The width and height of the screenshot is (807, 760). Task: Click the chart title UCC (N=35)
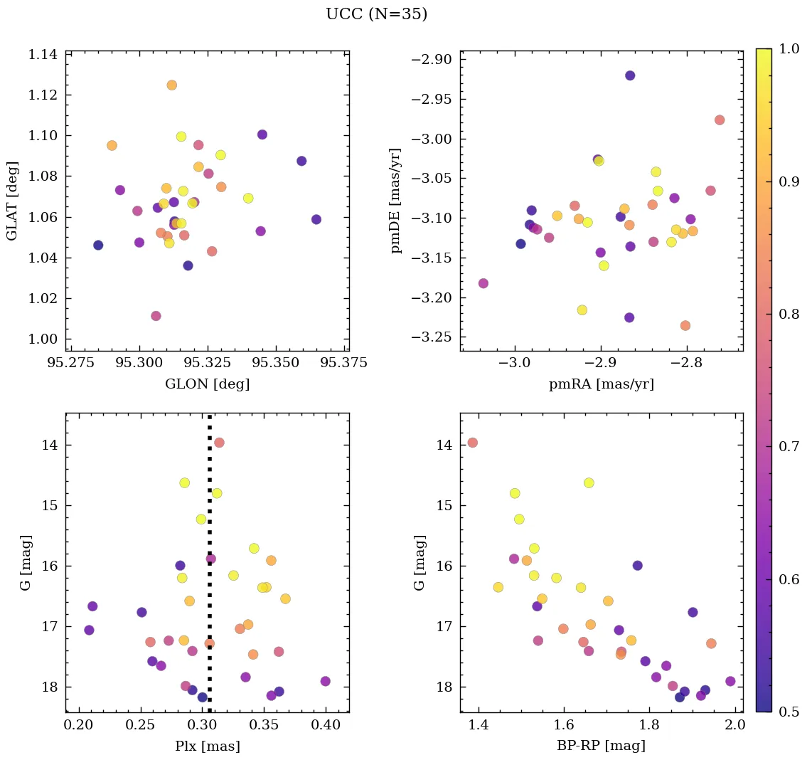point(376,14)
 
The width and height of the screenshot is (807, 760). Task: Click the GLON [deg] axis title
point(207,384)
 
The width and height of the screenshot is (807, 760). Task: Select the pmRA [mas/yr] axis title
point(601,384)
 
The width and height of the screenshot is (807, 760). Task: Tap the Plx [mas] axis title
point(207,746)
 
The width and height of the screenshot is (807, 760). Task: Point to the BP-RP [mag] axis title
point(601,746)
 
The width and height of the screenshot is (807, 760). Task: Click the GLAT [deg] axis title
point(13,201)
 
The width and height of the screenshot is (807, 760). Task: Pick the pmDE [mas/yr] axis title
point(395,201)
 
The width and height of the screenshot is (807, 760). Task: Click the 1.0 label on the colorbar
point(789,49)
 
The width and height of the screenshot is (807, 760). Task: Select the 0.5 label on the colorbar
point(789,712)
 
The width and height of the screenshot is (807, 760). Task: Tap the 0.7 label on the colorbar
point(789,447)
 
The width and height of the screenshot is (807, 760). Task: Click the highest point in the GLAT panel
point(171,85)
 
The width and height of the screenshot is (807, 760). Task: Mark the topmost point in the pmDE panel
point(630,75)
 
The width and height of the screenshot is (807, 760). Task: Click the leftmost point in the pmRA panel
point(483,283)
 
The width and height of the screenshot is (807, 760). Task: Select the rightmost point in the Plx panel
point(326,681)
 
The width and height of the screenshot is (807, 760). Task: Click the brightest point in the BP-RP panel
point(473,443)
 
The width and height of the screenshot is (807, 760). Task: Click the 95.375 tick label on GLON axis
point(345,363)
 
